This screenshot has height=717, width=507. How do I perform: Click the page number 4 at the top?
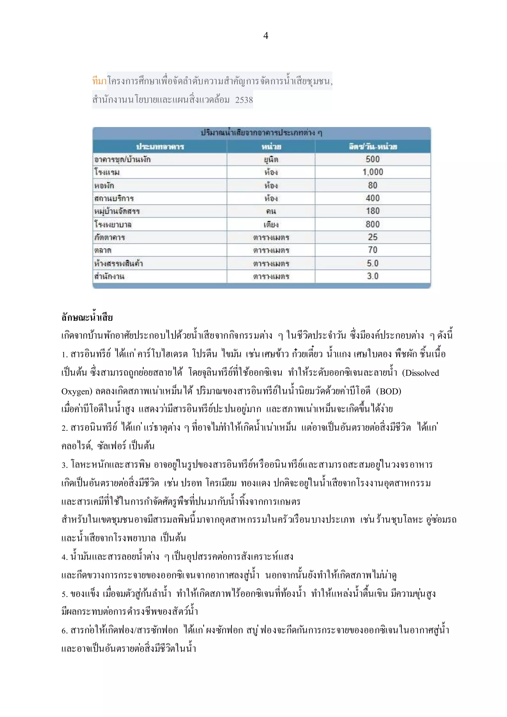[266, 36]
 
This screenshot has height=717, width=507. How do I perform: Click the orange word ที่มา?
[99, 81]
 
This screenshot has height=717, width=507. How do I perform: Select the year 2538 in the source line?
[244, 100]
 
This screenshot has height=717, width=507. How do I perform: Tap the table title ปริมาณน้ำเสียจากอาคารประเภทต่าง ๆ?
[262, 133]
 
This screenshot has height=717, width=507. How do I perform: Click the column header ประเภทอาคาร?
[160, 147]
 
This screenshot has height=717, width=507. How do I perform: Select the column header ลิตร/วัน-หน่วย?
[373, 147]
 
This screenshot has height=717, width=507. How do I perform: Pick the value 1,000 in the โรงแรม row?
[373, 172]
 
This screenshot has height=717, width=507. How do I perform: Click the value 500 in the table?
[373, 159]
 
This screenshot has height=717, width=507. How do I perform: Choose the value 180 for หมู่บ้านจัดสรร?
[373, 211]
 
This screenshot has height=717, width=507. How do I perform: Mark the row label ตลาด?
[103, 250]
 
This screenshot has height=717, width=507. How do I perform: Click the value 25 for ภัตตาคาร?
[373, 237]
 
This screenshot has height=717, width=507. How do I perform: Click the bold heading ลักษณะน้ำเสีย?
[87, 318]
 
